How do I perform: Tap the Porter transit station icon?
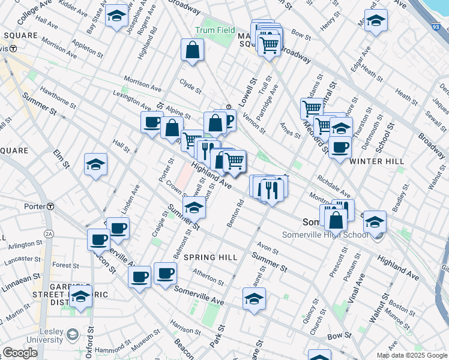52,207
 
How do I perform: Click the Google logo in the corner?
20,353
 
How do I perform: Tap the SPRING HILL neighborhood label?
206,257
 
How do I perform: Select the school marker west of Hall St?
95,164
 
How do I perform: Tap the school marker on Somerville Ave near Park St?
254,298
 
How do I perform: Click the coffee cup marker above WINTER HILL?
340,146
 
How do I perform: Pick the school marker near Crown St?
194,208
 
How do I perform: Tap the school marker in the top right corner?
376,20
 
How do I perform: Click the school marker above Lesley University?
81,296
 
